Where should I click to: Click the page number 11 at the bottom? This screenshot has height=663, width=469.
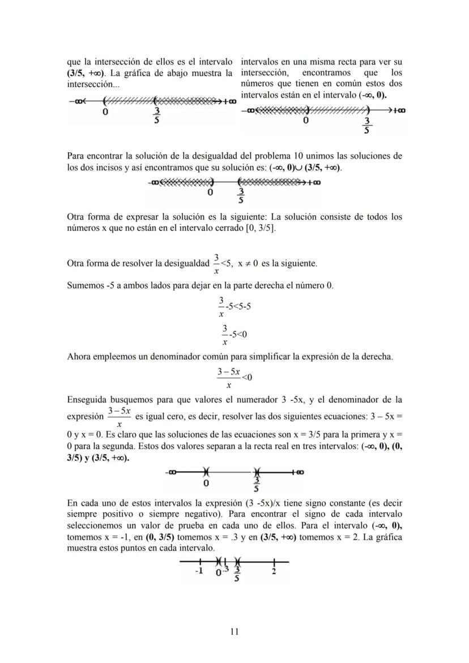(x=234, y=631)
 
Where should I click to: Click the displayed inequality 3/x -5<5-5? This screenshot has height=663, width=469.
(x=234, y=306)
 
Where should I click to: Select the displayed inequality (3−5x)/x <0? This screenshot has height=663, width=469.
(x=234, y=377)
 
